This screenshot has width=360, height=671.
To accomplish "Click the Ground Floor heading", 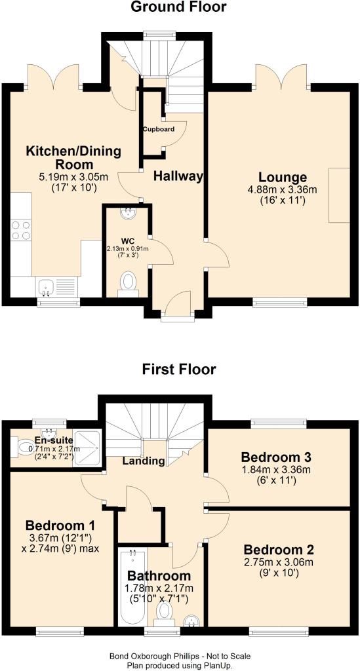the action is pyautogui.click(x=178, y=7).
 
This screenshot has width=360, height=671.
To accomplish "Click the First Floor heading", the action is pyautogui.click(x=179, y=369).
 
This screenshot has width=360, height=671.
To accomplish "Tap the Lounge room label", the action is pyautogui.click(x=283, y=177).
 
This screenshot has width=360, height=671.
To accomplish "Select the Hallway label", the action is pyautogui.click(x=178, y=176).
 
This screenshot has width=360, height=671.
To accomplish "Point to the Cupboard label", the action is pyautogui.click(x=159, y=129).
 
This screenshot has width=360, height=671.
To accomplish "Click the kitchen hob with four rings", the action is pyautogui.click(x=20, y=230).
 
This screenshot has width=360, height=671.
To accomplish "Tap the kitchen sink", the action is pyautogui.click(x=45, y=287).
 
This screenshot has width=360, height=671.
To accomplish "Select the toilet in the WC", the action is pyautogui.click(x=128, y=285).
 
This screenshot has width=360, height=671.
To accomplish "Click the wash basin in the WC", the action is pyautogui.click(x=127, y=214).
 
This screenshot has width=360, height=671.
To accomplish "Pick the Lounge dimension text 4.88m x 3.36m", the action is pyautogui.click(x=283, y=189).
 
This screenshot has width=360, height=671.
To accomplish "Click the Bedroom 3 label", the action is pyautogui.click(x=273, y=456).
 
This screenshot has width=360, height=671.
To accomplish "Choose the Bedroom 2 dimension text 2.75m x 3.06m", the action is pyautogui.click(x=279, y=561).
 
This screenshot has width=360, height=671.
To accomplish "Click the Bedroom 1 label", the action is pyautogui.click(x=60, y=526).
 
